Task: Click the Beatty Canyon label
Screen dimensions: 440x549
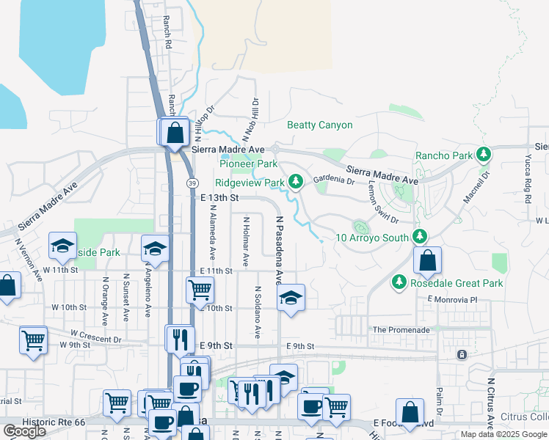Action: (319, 125)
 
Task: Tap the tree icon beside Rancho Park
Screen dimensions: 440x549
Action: (484, 155)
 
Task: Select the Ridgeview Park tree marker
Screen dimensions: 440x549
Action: (295, 182)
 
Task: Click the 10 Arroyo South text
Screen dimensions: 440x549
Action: (372, 238)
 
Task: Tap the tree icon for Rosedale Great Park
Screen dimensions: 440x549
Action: (399, 282)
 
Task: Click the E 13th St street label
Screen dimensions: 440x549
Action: (219, 198)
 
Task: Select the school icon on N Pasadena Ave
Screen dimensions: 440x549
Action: (291, 297)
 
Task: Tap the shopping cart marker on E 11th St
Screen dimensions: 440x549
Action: (200, 289)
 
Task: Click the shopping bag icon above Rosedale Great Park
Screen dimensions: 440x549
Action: (427, 260)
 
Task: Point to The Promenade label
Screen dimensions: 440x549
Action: (401, 330)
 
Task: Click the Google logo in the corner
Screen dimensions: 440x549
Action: (24, 431)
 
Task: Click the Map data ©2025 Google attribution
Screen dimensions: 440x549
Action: (503, 434)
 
